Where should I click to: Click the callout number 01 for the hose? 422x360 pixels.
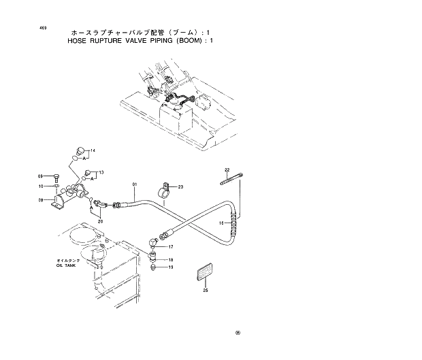[135, 184]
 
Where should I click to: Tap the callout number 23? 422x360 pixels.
[180, 186]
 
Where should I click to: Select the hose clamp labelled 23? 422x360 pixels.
[164, 188]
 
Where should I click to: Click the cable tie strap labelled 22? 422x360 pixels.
[231, 179]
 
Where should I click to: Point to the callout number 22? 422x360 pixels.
[227, 169]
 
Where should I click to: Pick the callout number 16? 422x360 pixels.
[221, 223]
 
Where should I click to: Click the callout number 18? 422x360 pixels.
[171, 259]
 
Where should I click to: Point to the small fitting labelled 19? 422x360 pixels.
[155, 267]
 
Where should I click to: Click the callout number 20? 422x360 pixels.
[100, 221]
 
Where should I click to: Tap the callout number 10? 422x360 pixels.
[40, 186]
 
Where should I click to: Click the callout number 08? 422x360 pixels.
[40, 200]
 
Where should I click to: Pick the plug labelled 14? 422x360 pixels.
[79, 151]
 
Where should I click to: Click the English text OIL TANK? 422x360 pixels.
[68, 265]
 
